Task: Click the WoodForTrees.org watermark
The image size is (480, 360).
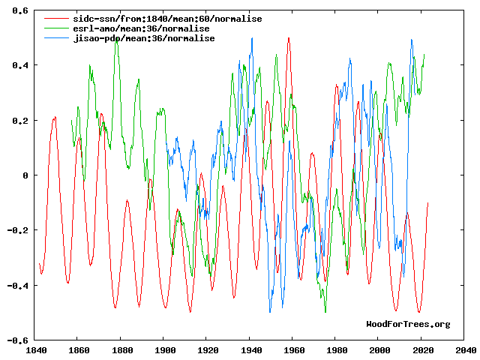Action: (x=408, y=324)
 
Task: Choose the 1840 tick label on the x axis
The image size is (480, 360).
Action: (x=36, y=349)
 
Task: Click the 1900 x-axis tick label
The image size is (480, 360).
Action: (x=165, y=349)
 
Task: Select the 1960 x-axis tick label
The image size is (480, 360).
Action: (x=294, y=349)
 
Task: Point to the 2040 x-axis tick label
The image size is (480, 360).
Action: (x=465, y=349)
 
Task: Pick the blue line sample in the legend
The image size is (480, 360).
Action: (x=53, y=38)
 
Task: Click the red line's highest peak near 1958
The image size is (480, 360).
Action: (x=289, y=38)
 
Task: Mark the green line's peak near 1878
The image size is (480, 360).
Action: (x=116, y=40)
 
